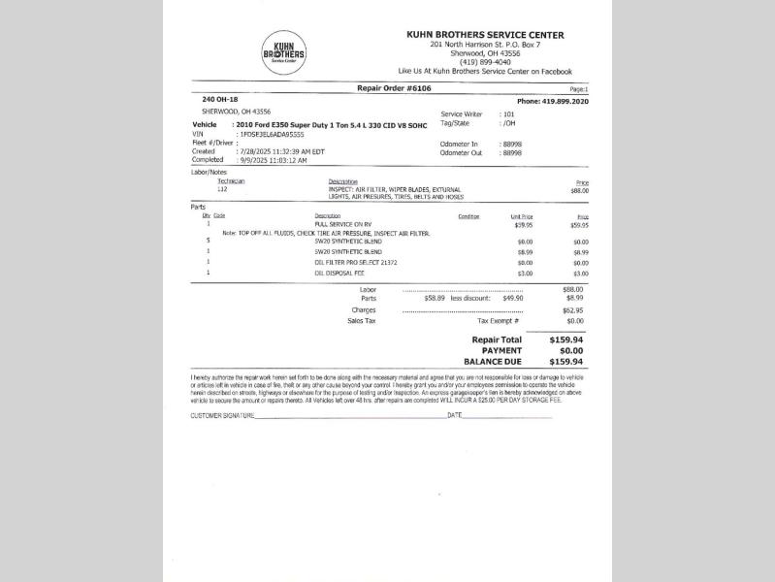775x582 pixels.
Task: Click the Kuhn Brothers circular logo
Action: (283, 52)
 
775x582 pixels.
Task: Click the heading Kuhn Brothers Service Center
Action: (485, 35)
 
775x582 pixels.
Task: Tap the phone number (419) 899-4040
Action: (485, 62)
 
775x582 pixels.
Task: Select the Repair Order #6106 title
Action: (394, 88)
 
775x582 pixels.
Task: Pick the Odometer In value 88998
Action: (511, 144)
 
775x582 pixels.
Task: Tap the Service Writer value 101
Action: (507, 114)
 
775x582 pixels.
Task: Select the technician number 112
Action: (222, 189)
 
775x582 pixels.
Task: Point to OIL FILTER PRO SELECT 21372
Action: (356, 262)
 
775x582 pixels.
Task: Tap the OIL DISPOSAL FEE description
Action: (339, 273)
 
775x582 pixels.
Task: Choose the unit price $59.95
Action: (524, 224)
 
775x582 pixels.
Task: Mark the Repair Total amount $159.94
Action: (566, 339)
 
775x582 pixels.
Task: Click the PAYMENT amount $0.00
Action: (566, 350)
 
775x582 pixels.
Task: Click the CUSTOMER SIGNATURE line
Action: (349, 415)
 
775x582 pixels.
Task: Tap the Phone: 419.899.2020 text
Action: (553, 101)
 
